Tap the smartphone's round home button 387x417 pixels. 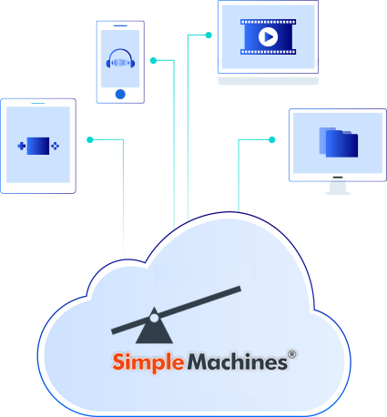coord(120,93)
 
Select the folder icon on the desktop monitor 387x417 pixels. coord(338,143)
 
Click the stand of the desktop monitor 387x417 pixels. coord(338,188)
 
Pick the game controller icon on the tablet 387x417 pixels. coord(38,145)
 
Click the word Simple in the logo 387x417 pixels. coord(148,362)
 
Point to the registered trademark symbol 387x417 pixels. coord(292,356)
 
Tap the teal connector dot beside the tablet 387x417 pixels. coord(89,139)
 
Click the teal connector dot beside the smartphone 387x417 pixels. coord(153,61)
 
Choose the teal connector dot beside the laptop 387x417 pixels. coord(209,36)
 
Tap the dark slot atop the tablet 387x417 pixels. coord(38,104)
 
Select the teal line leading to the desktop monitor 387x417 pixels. coord(239,173)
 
